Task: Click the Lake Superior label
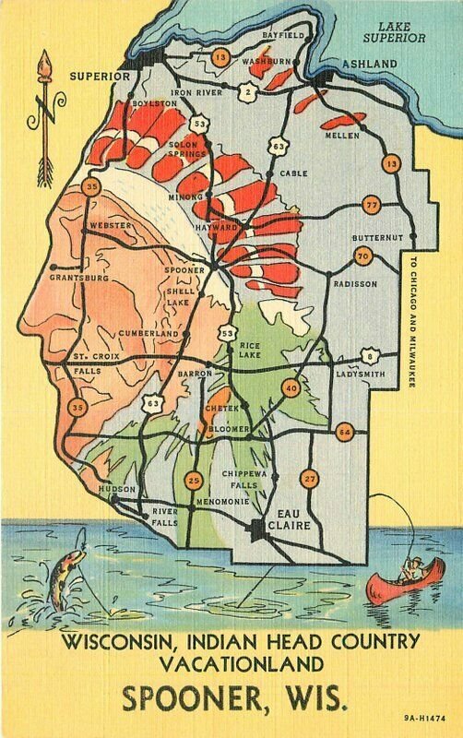pyautogui.click(x=394, y=33)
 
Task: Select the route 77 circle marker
pyautogui.click(x=372, y=205)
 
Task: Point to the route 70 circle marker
pyautogui.click(x=362, y=256)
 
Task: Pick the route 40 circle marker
pyautogui.click(x=291, y=389)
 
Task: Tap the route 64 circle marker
pyautogui.click(x=344, y=431)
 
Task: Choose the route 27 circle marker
pyautogui.click(x=309, y=478)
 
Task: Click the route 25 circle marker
pyautogui.click(x=194, y=480)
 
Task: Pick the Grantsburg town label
pyautogui.click(x=79, y=277)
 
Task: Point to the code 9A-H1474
pyautogui.click(x=420, y=717)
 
